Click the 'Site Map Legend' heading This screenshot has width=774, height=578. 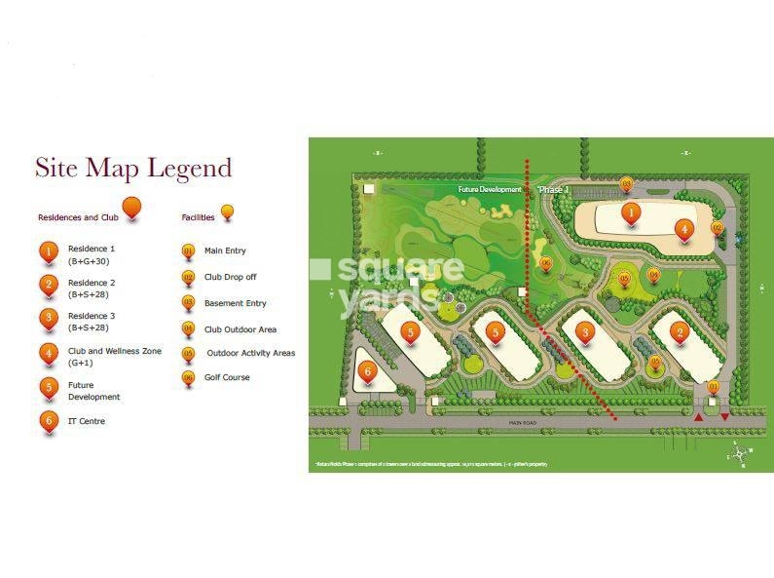(133, 168)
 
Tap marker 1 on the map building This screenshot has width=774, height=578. (631, 212)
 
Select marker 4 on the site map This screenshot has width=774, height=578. (684, 230)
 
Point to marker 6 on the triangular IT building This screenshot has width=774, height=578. (367, 370)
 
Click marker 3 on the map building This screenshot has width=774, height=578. (585, 333)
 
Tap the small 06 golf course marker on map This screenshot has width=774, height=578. (545, 263)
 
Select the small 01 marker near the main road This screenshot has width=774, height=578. (713, 387)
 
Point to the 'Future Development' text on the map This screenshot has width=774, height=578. (490, 189)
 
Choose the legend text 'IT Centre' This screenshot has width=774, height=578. (86, 421)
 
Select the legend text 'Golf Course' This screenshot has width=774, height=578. (226, 377)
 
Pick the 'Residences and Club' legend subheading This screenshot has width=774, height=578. (78, 217)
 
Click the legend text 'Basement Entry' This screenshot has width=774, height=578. (235, 303)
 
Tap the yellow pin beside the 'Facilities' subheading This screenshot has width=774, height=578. (228, 212)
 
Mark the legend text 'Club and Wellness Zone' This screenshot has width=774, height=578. (114, 351)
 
